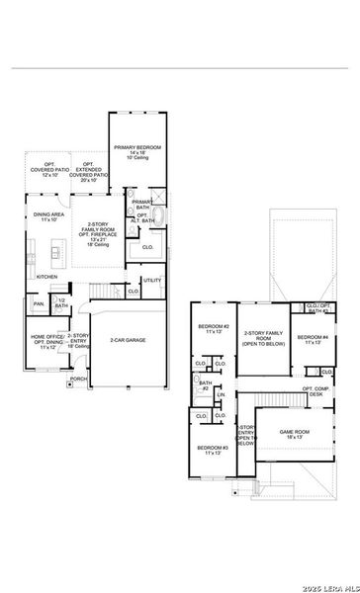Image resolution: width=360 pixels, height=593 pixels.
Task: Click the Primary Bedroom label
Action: click(x=143, y=151)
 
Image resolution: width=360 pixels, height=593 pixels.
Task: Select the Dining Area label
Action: click(x=48, y=217)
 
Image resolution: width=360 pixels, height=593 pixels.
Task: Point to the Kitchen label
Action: click(x=46, y=277)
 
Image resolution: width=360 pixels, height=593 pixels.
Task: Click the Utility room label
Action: click(x=151, y=281)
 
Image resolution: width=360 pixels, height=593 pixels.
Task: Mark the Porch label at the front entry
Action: click(x=78, y=379)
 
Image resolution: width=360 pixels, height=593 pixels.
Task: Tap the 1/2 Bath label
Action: click(x=61, y=303)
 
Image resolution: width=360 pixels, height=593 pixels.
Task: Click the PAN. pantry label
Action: click(x=39, y=304)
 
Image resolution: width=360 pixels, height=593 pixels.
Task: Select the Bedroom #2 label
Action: click(x=213, y=329)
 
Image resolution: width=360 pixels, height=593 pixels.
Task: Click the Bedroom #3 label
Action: click(x=212, y=451)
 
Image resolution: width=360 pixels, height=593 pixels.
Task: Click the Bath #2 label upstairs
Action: click(x=205, y=386)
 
